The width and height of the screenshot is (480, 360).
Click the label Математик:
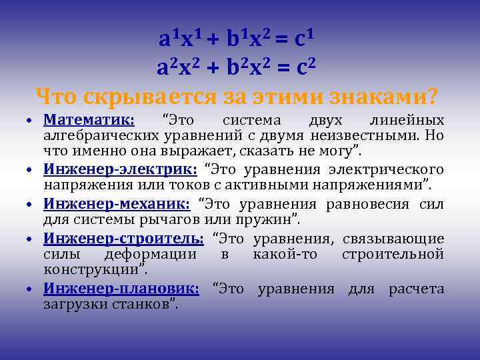[x=89, y=121]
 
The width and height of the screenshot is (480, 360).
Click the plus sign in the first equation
[x=212, y=39]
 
